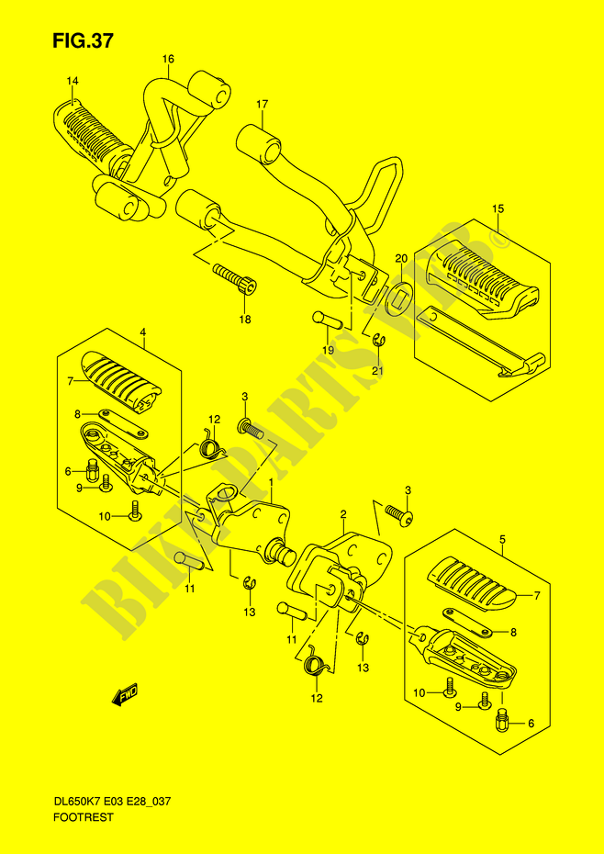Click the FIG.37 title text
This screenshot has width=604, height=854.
[x=84, y=41]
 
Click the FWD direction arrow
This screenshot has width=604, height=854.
[x=126, y=693]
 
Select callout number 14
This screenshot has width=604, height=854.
[x=73, y=82]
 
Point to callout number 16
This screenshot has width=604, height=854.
[x=168, y=59]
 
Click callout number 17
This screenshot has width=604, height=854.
[x=263, y=103]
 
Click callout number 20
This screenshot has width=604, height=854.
[x=401, y=258]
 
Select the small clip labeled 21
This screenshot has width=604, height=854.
[x=379, y=342]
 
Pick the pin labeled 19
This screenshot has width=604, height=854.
[x=327, y=320]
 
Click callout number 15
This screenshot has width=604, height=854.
[x=498, y=208]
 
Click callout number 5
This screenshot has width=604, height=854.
[x=502, y=540]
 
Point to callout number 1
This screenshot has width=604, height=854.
[x=272, y=482]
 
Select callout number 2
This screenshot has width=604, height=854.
[x=343, y=514]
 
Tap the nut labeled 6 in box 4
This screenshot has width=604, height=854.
[x=93, y=467]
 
